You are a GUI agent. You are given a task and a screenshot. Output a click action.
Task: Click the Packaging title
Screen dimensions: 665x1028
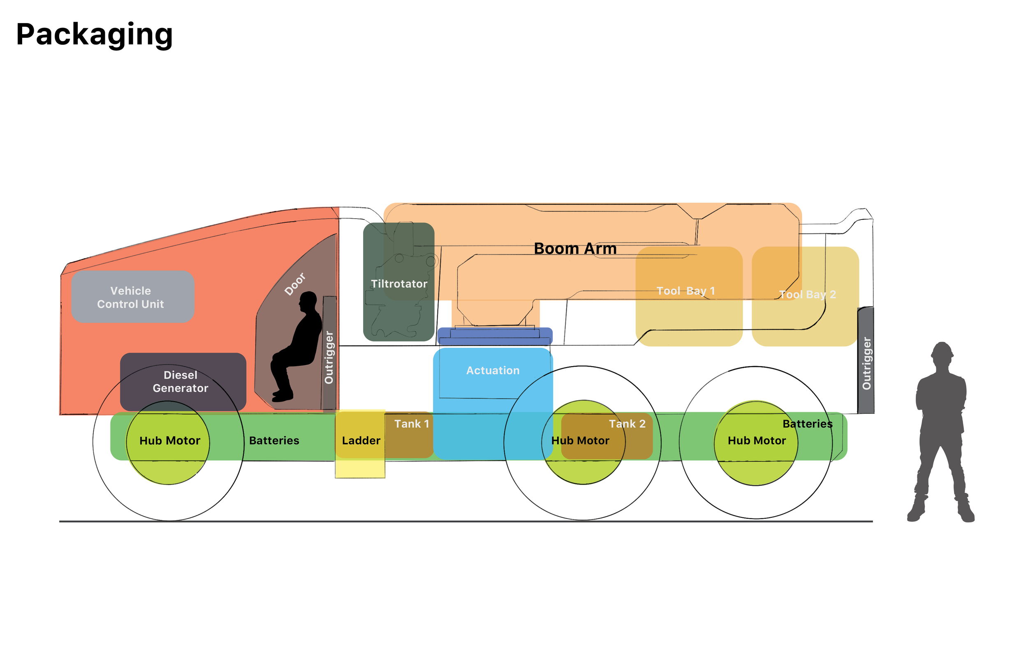tap(94, 35)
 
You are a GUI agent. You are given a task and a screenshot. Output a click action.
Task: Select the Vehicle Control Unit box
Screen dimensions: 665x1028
tap(132, 297)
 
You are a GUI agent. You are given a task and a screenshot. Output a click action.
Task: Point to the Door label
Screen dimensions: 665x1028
tap(295, 284)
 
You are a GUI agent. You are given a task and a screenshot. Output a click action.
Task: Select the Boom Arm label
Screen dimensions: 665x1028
tap(575, 249)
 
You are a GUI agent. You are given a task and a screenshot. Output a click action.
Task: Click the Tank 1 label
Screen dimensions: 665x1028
tap(411, 424)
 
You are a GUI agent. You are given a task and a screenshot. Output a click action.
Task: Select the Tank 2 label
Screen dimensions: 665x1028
tap(627, 424)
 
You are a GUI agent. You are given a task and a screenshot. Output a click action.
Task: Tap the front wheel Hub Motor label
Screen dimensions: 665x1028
tap(170, 441)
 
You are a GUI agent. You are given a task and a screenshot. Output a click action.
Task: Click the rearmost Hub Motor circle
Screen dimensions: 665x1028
tap(756, 458)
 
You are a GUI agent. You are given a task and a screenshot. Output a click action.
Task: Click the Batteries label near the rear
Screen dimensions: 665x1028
tap(807, 424)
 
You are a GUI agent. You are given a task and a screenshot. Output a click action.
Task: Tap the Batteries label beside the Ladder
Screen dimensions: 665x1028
tap(274, 441)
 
